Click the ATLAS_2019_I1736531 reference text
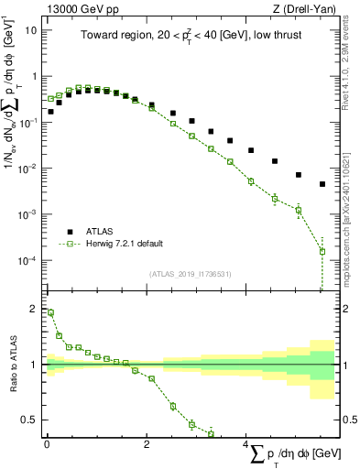[191, 274]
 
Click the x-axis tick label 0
[47, 444]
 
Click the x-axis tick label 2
[147, 444]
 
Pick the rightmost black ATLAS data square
[322, 184]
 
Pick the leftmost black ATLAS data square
[50, 112]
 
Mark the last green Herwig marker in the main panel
[322, 251]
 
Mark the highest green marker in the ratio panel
[50, 312]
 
